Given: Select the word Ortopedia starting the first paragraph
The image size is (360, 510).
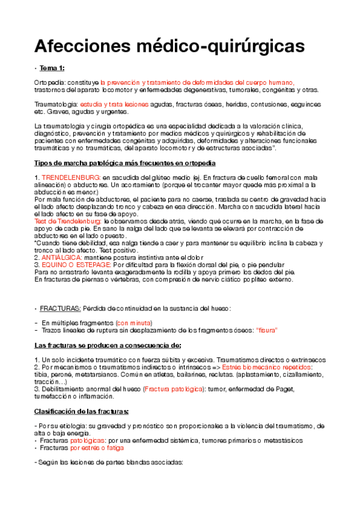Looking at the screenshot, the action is point(49,82).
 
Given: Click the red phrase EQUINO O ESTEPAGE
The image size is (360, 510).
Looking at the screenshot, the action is point(75,265).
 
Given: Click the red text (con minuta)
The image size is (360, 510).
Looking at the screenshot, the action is point(135,323).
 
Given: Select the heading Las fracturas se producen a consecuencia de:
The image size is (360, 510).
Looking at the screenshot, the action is point(108,345).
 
